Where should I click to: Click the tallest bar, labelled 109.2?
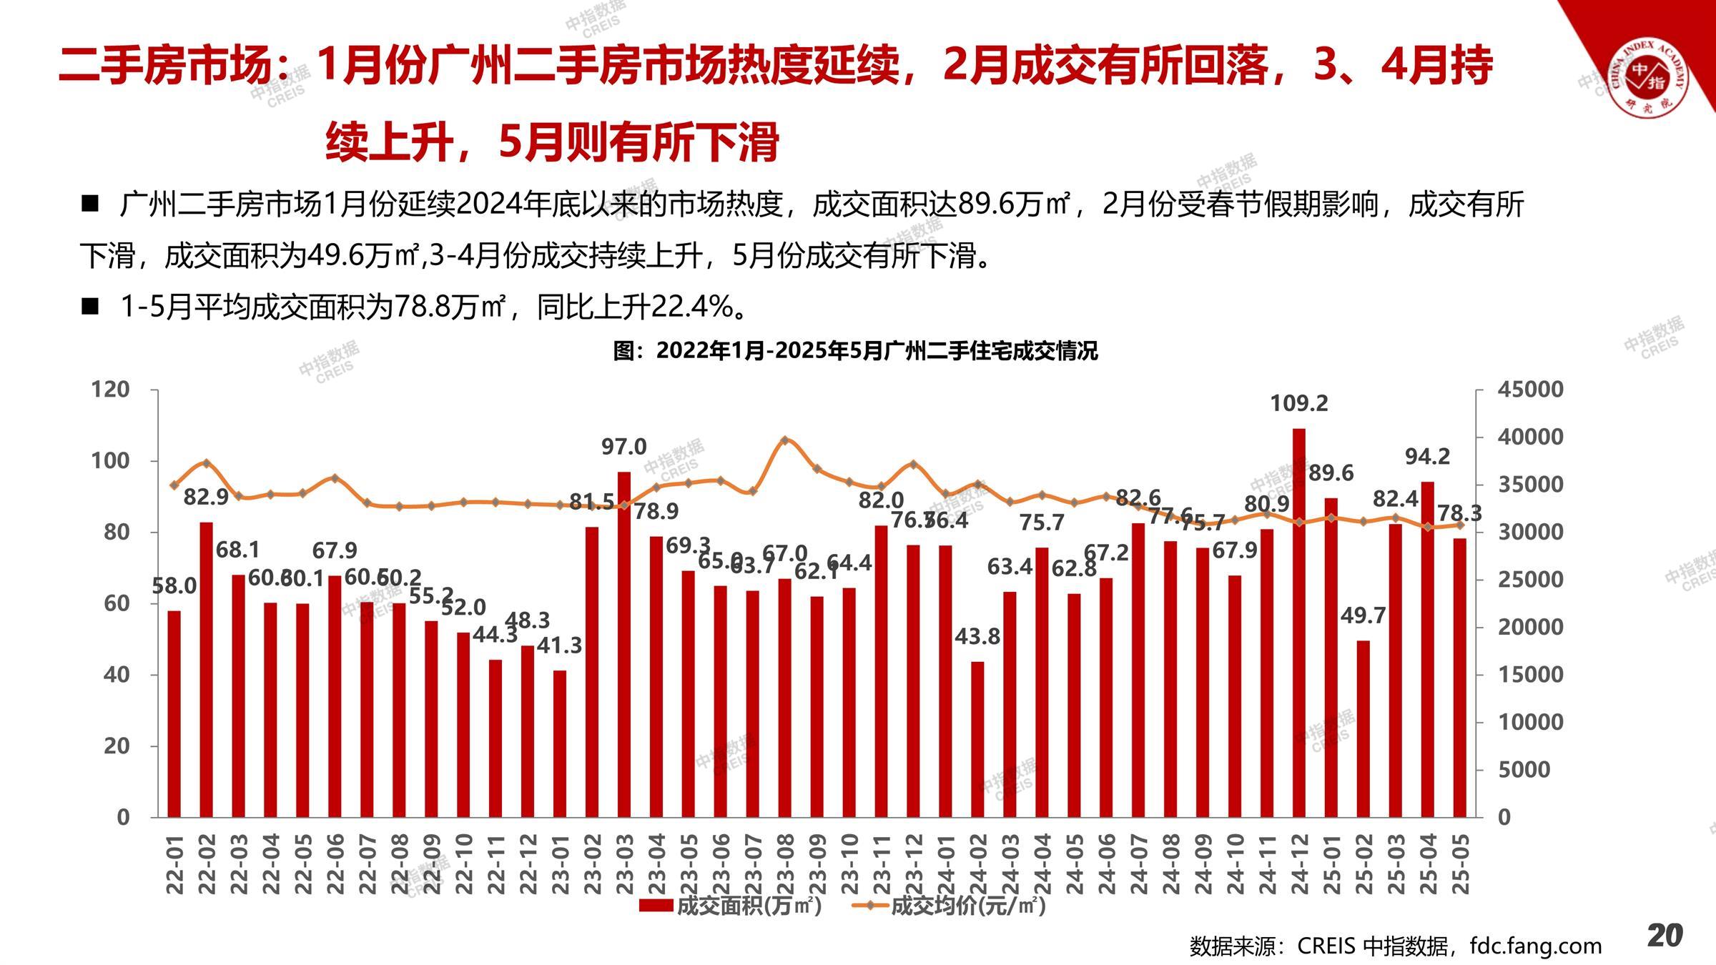(1299, 622)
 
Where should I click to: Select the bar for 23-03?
(624, 643)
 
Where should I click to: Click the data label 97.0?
(623, 447)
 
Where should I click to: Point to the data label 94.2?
(1427, 457)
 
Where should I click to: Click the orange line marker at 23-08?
(785, 440)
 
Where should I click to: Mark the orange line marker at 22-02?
(207, 463)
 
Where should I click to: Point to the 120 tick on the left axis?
(111, 390)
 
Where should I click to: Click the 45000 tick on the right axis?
(1530, 390)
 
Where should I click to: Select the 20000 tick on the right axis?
(1530, 627)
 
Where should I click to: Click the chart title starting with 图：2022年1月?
(855, 351)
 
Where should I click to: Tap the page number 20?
(1665, 935)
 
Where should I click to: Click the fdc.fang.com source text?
(1535, 946)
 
